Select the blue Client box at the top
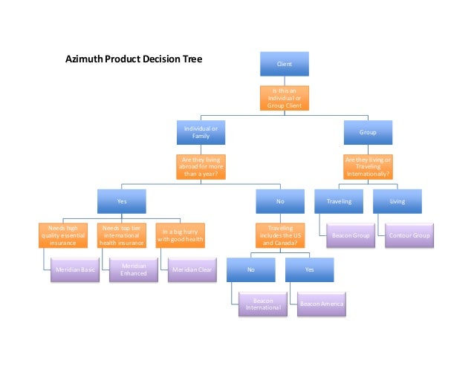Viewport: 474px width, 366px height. pyautogui.click(x=284, y=64)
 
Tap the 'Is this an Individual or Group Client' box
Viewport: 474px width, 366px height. pyautogui.click(x=284, y=98)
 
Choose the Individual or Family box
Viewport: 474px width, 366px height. pyautogui.click(x=201, y=132)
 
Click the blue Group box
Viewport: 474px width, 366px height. pyautogui.click(x=368, y=132)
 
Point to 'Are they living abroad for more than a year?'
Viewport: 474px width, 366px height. pyautogui.click(x=201, y=166)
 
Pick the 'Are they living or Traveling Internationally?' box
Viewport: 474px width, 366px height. pyautogui.click(x=368, y=166)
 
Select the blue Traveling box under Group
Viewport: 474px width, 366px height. pyautogui.click(x=339, y=200)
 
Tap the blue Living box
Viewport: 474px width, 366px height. pyautogui.click(x=397, y=200)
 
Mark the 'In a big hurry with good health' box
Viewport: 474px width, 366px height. pyautogui.click(x=180, y=235)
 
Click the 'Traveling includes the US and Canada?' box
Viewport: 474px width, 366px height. pyautogui.click(x=280, y=235)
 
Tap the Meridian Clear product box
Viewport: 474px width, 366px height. pyautogui.click(x=190, y=269)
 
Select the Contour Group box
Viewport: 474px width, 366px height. pyautogui.click(x=408, y=235)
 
